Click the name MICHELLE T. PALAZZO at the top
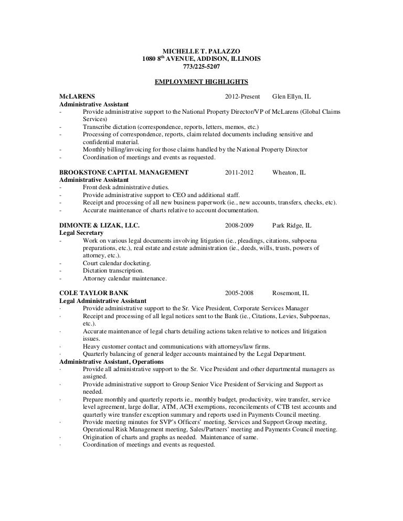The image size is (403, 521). pos(201,51)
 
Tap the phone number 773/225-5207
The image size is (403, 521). pos(201,67)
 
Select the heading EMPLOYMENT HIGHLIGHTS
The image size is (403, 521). pos(201,82)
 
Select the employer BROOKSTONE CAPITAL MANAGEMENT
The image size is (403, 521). pos(124,172)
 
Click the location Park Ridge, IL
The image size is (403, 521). pos(292,225)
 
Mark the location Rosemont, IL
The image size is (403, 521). pos(290,293)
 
